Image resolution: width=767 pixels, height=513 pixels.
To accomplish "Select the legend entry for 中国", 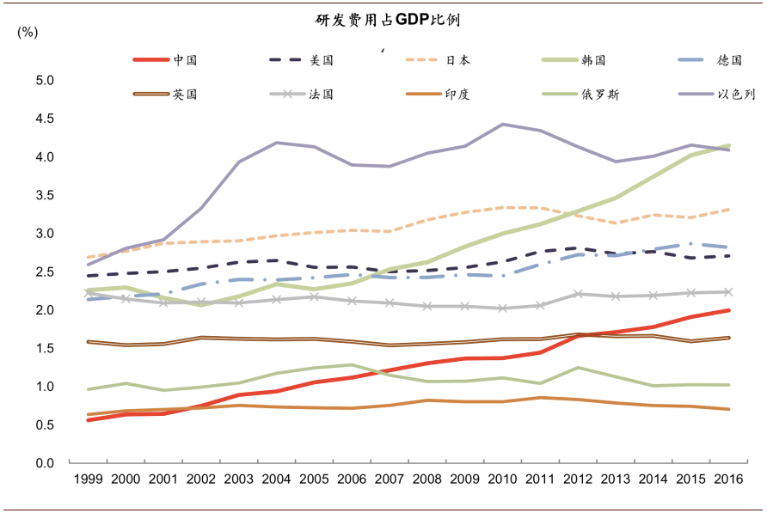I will pos(185,60).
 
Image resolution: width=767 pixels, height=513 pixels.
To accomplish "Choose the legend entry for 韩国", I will pos(593,60).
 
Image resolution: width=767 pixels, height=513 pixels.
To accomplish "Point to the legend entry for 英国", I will pos(185,94).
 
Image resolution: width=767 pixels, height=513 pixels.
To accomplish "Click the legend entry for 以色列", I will pos(735,94).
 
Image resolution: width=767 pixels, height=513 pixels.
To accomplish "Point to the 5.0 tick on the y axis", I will pos(45,81).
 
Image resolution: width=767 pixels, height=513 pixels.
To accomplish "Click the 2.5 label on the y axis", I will pos(45,272).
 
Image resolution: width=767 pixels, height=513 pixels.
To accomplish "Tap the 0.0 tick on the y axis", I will pos(45,463).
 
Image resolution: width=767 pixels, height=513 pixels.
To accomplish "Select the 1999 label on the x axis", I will pos(88,479).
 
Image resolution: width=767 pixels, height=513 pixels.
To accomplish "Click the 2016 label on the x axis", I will pos(729,479).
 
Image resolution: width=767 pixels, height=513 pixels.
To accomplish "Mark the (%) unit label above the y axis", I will pos(28,32).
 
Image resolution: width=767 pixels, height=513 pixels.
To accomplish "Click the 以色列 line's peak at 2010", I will pos(503,124).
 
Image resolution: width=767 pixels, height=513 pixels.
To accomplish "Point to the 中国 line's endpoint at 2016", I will pos(729,310).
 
